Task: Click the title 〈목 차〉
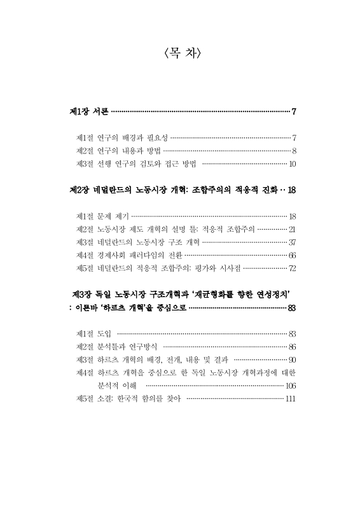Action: (x=183, y=54)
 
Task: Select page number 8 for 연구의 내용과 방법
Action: (x=294, y=151)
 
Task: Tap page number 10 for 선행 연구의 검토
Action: (x=293, y=164)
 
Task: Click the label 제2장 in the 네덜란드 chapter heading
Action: (x=79, y=190)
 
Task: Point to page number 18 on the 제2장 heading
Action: (x=292, y=190)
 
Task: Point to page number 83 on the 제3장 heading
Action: (x=293, y=309)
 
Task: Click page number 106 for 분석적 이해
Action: (x=291, y=386)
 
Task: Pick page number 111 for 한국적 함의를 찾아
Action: (x=291, y=399)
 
